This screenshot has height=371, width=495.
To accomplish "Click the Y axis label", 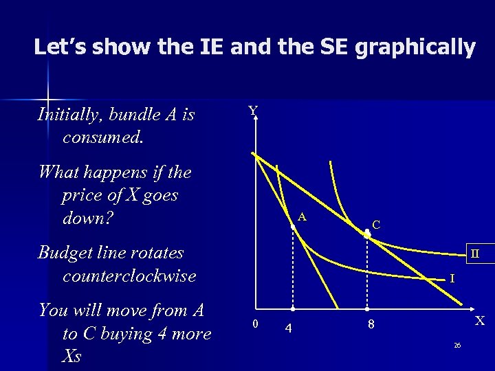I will click(x=253, y=111).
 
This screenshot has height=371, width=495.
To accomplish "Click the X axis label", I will click(x=480, y=320).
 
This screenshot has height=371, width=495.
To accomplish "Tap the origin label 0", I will click(x=254, y=324).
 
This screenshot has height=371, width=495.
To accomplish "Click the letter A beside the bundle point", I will click(x=302, y=218).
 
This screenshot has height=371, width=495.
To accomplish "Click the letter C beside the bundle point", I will click(x=376, y=224).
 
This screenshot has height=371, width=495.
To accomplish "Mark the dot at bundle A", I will click(x=292, y=227).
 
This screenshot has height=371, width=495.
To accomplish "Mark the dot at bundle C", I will click(x=367, y=234).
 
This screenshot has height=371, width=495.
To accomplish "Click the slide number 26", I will click(x=456, y=345).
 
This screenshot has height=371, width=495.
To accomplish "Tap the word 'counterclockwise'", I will click(x=129, y=276).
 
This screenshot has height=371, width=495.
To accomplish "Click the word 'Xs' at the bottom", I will click(x=71, y=357).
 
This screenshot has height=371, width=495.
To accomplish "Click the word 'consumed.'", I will click(x=102, y=137).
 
